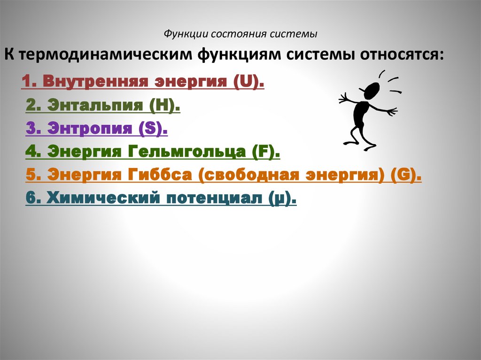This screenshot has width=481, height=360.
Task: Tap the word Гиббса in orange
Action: [x=157, y=176]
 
